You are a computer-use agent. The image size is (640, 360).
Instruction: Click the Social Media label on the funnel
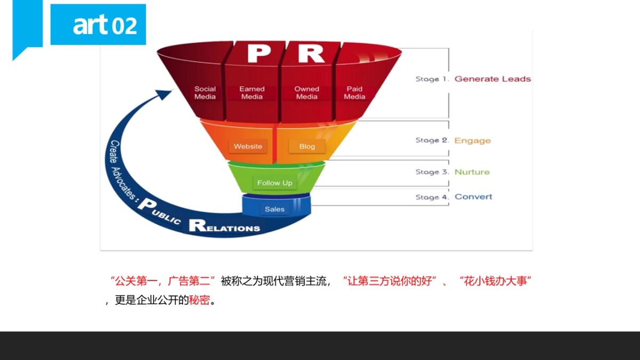pyautogui.click(x=205, y=93)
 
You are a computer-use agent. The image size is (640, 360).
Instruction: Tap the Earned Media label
pyautogui.click(x=252, y=93)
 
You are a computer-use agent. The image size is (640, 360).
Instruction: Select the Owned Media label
pyautogui.click(x=307, y=93)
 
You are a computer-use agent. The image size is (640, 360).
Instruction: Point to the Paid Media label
pyautogui.click(x=354, y=93)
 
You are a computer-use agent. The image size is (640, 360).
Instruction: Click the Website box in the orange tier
pyautogui.click(x=248, y=146)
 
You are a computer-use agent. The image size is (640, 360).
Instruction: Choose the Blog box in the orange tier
pyautogui.click(x=307, y=146)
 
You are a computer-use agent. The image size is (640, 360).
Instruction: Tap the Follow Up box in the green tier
pyautogui.click(x=275, y=183)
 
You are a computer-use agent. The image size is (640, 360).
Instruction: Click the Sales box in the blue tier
pyautogui.click(x=275, y=209)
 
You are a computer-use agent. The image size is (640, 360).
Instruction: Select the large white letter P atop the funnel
pyautogui.click(x=259, y=54)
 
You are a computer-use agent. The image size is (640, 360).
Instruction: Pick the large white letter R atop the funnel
pyautogui.click(x=310, y=54)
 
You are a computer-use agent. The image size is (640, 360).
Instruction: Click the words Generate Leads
pyautogui.click(x=492, y=79)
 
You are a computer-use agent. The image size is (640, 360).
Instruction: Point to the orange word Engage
pyautogui.click(x=472, y=141)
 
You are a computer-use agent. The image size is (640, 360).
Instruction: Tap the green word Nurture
pyautogui.click(x=471, y=172)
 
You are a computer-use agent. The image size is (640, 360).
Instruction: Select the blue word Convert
pyautogui.click(x=473, y=197)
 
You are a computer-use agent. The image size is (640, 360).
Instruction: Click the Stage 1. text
pyautogui.click(x=431, y=79)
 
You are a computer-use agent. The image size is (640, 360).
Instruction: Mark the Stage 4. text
pyautogui.click(x=431, y=197)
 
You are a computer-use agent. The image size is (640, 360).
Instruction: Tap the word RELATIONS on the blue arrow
pyautogui.click(x=225, y=226)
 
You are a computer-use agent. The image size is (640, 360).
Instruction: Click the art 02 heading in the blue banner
pyautogui.click(x=105, y=25)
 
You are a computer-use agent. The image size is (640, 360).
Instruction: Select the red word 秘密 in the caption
pyautogui.click(x=199, y=300)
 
